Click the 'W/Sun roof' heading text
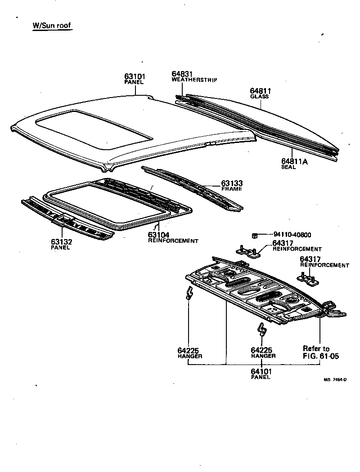pos(52,26)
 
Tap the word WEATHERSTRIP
pos(194,80)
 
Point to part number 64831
pos(182,74)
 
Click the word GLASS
pos(259,97)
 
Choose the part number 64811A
pos(295,161)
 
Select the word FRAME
pos(231,189)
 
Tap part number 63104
pos(159,235)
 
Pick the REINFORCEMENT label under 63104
pos(173,241)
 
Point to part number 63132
pos(62,242)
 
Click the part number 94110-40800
pos(292,235)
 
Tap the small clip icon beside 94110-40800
pos(254,235)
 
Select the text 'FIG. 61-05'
pos(321,356)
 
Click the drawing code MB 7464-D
pos(335,379)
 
